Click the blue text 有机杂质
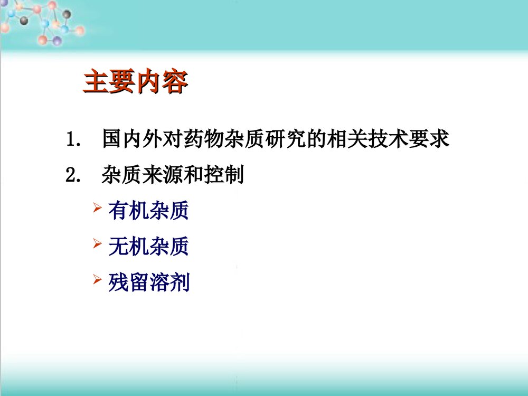click(x=148, y=212)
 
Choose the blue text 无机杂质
click(x=148, y=247)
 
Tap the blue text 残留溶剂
click(x=148, y=282)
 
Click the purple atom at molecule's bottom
click(x=56, y=41)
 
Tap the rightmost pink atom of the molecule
click(x=80, y=31)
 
